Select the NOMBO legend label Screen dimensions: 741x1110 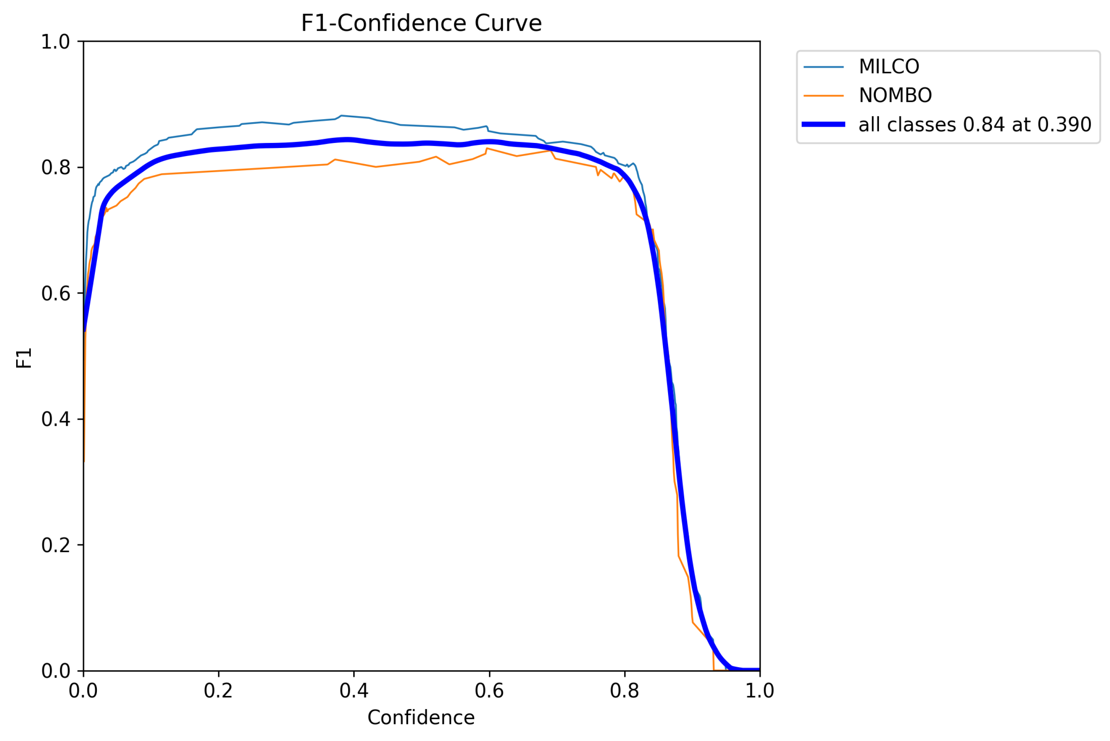point(895,95)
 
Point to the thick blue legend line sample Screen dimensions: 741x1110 point(823,124)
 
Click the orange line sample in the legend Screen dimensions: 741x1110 point(823,95)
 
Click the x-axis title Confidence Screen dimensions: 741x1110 point(421,718)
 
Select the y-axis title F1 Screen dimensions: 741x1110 point(23,358)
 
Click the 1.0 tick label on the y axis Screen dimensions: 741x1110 point(55,42)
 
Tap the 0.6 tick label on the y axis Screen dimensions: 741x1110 point(55,294)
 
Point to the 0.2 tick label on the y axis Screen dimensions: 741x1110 point(55,545)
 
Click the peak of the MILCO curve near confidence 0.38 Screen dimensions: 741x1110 point(341,116)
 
